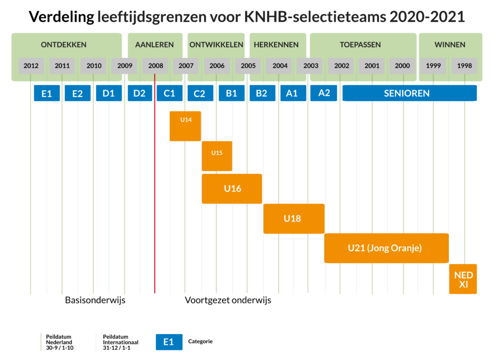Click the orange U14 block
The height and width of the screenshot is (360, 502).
(185, 126)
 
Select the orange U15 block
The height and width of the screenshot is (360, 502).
(217, 156)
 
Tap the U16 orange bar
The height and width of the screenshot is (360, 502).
(232, 188)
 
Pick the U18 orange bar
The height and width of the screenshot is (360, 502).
(294, 218)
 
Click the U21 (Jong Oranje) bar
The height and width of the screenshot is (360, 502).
(386, 248)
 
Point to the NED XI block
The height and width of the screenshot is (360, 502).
(463, 279)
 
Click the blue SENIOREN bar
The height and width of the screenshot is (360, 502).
(409, 93)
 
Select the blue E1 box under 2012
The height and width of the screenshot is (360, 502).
(47, 93)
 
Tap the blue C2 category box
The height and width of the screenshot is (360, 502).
(200, 93)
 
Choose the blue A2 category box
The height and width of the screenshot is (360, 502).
(324, 93)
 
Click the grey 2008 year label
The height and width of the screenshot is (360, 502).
(155, 66)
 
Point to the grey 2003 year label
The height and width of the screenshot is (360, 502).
(311, 66)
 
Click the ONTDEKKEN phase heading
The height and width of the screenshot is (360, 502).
(64, 45)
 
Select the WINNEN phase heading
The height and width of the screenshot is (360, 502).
(450, 45)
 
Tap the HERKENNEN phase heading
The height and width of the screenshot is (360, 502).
(276, 45)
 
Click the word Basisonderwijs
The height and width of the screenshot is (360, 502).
(95, 300)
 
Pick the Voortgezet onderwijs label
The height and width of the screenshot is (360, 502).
(228, 300)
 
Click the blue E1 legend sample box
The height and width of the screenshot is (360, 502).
(169, 342)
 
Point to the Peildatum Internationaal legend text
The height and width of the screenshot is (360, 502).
(120, 342)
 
